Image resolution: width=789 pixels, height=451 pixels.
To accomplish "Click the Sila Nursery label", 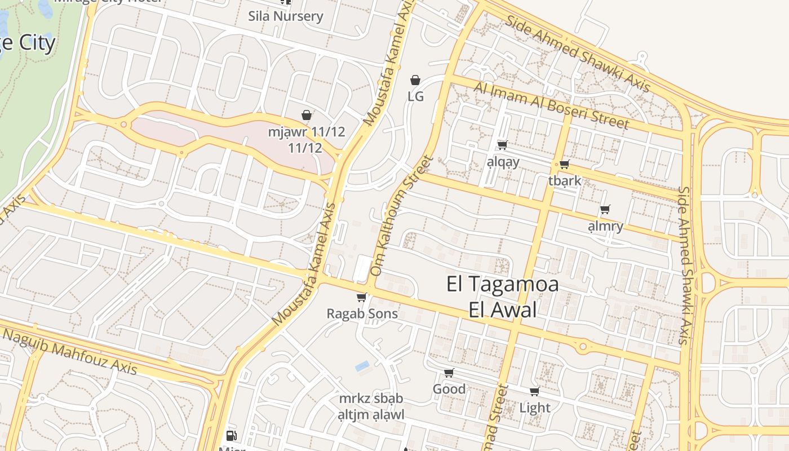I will [286, 16].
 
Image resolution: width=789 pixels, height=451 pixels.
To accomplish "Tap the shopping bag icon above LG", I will [415, 80].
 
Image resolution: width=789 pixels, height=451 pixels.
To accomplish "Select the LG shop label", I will [415, 96].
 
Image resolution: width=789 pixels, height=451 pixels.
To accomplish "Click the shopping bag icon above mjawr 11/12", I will [307, 115].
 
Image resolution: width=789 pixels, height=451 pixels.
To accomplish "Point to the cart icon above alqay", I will [503, 145].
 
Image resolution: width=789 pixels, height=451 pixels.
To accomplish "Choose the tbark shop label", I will [564, 181].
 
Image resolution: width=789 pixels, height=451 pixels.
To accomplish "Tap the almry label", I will [605, 226].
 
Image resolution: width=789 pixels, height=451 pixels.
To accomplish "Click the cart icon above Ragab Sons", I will [362, 297].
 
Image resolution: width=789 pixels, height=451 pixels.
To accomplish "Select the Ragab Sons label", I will [362, 313].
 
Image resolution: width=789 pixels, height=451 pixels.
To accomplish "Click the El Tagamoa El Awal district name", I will [502, 297].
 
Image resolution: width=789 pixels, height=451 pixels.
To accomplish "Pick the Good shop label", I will [449, 389].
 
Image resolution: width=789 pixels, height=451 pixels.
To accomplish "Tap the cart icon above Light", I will [534, 391].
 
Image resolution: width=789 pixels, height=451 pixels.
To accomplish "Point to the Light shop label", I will [534, 407].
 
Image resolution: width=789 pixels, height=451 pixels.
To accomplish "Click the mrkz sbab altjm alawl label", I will [371, 406].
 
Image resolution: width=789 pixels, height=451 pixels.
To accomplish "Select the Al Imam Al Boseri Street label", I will [551, 105].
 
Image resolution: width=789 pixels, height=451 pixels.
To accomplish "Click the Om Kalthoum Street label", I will [401, 215].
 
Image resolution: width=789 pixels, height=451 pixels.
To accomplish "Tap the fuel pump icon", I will [231, 435].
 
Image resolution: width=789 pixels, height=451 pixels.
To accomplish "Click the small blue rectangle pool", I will [362, 366].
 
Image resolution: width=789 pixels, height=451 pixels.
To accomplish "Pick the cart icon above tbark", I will [564, 165].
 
